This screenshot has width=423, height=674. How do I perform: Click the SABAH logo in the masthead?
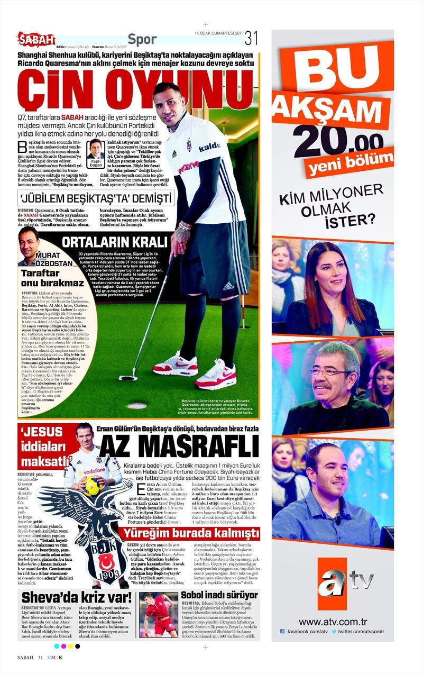36,38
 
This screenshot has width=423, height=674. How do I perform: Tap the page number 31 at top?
251,38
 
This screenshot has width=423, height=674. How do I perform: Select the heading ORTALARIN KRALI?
107,243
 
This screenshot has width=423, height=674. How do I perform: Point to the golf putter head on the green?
128,378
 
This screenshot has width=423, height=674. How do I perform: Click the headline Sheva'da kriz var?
77,598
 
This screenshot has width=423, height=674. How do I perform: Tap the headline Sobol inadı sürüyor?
219,596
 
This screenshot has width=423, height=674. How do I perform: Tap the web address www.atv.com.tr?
333,622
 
